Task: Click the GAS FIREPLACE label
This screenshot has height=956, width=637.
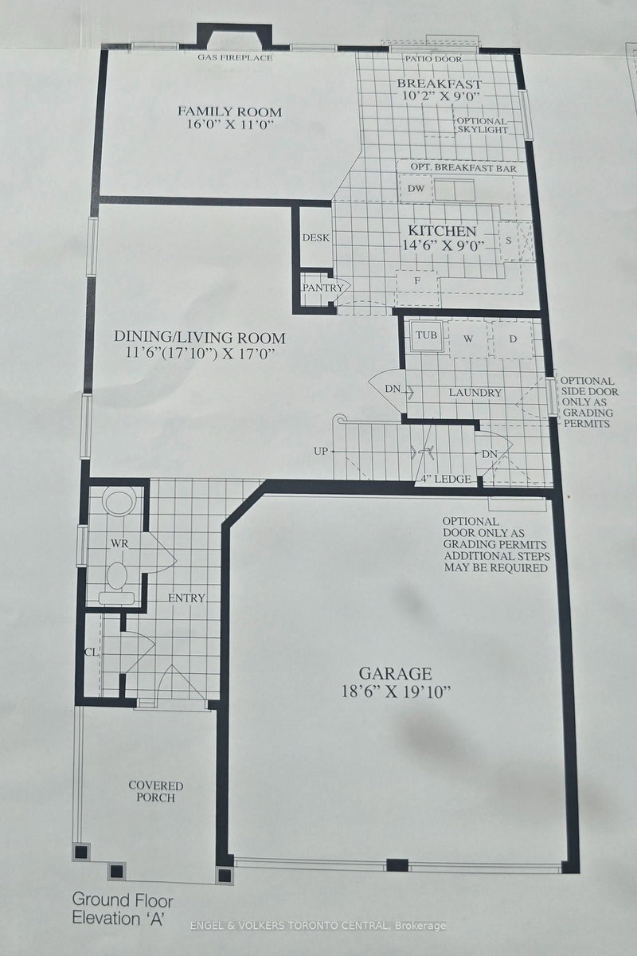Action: click(235, 58)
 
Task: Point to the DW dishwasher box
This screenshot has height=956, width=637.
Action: click(415, 189)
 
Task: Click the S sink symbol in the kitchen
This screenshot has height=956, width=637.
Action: click(507, 240)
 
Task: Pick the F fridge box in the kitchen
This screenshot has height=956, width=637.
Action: click(416, 281)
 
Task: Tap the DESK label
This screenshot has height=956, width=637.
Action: click(316, 237)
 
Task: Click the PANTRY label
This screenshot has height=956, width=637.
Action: click(322, 288)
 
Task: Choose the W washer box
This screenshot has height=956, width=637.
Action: click(469, 339)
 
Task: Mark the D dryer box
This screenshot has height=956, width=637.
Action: click(514, 339)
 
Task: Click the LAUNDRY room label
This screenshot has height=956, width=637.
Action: click(475, 393)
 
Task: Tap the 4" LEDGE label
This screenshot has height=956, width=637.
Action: click(448, 479)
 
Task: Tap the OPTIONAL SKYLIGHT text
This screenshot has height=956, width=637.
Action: click(481, 125)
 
